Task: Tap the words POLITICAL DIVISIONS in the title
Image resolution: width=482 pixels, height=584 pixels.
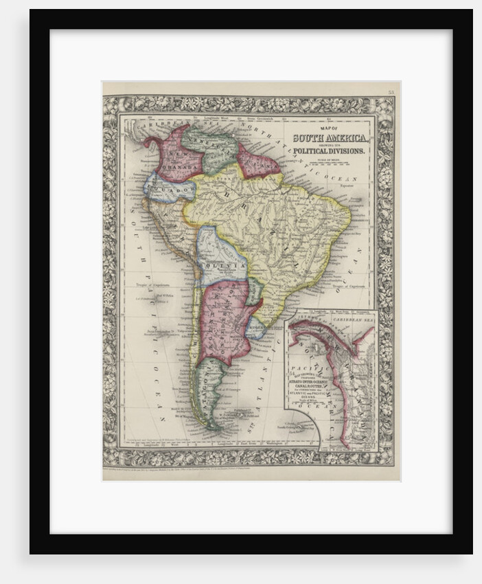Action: tap(331, 149)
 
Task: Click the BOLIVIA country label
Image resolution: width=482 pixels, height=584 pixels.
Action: tap(222, 265)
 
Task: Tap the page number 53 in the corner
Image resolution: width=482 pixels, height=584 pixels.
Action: tap(391, 92)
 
